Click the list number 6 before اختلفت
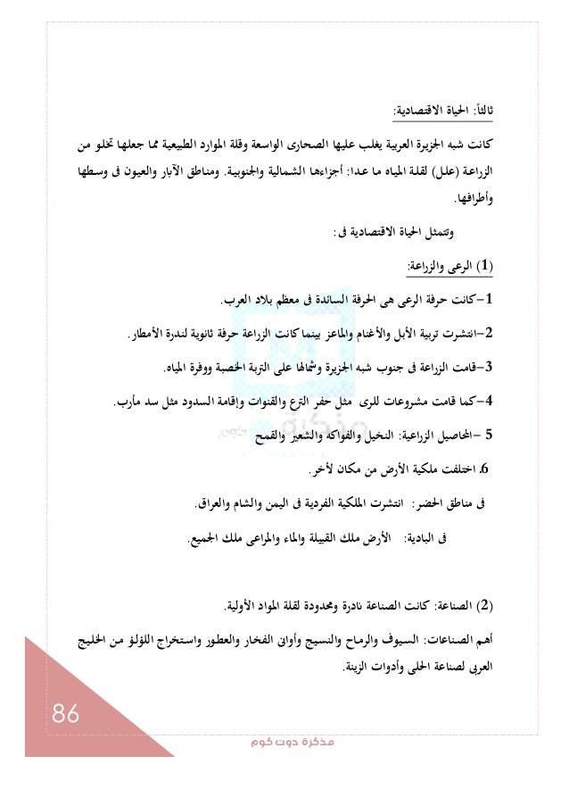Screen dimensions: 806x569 click(x=484, y=468)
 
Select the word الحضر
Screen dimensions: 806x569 click(x=438, y=505)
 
